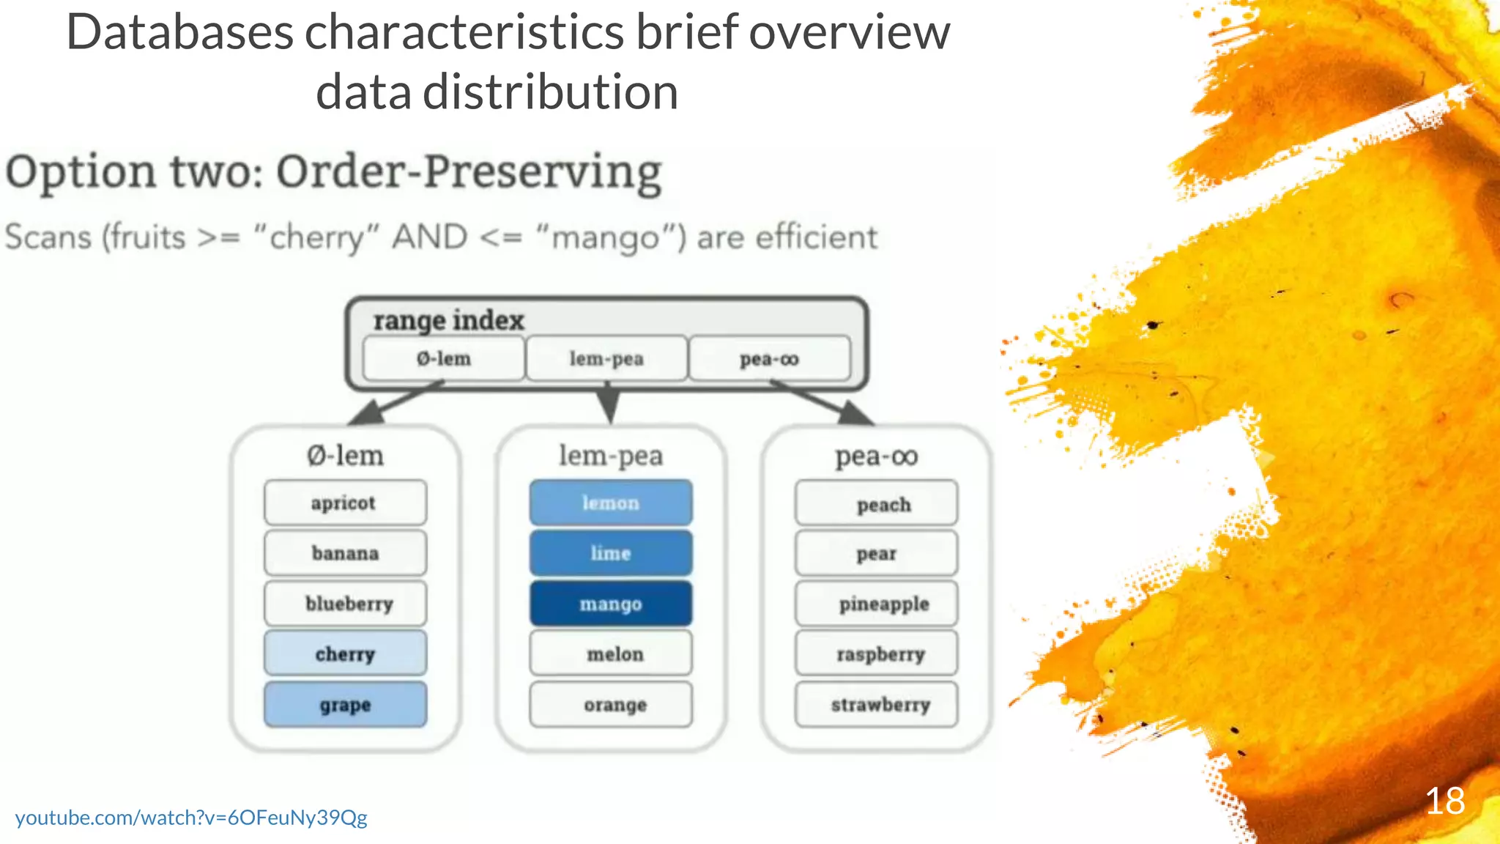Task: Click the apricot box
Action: pyautogui.click(x=345, y=503)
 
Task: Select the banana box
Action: pyautogui.click(x=345, y=553)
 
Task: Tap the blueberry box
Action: pyautogui.click(x=345, y=604)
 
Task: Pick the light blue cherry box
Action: pyautogui.click(x=345, y=654)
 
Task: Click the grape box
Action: pyautogui.click(x=345, y=705)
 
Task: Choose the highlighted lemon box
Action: pyautogui.click(x=611, y=503)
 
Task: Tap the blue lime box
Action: pyautogui.click(x=611, y=553)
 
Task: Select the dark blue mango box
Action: pyautogui.click(x=611, y=604)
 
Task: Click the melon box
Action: pyautogui.click(x=611, y=654)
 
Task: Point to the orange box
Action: pyautogui.click(x=611, y=705)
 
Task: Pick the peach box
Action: pyautogui.click(x=876, y=504)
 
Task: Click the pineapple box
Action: pyautogui.click(x=876, y=604)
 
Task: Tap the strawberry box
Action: pyautogui.click(x=876, y=705)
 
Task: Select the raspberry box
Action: pyautogui.click(x=876, y=654)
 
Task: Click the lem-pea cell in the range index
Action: pyautogui.click(x=606, y=359)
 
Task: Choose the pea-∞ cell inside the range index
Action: pyautogui.click(x=769, y=359)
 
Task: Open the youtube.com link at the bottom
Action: pyautogui.click(x=191, y=818)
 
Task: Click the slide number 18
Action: pyautogui.click(x=1444, y=801)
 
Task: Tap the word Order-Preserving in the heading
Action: pyautogui.click(x=469, y=173)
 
